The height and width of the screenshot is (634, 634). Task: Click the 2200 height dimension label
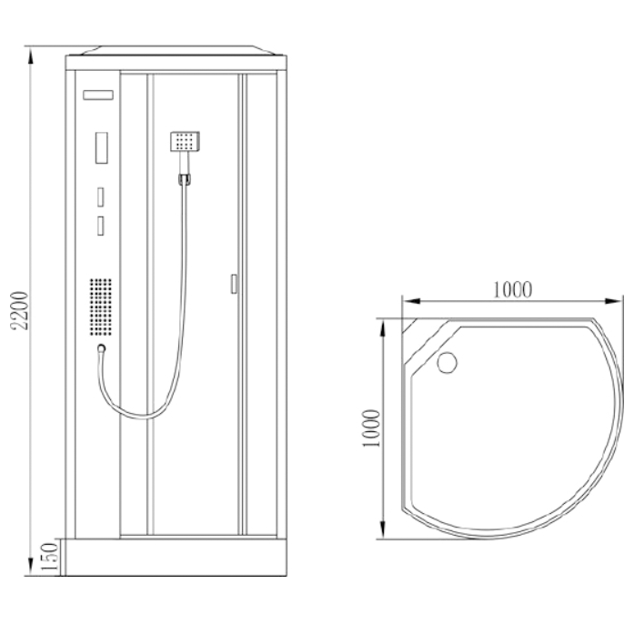pyautogui.click(x=20, y=309)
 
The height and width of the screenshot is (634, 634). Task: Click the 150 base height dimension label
pyautogui.click(x=51, y=557)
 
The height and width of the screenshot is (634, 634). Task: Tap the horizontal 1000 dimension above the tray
pyautogui.click(x=512, y=289)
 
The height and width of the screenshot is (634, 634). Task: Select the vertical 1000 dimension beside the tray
pyautogui.click(x=372, y=428)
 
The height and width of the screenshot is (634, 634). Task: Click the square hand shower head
pyautogui.click(x=185, y=141)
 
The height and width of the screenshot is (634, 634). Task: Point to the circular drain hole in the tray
pyautogui.click(x=448, y=362)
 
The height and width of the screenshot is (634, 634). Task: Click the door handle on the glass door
pyautogui.click(x=234, y=284)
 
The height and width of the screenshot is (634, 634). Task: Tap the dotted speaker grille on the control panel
pyautogui.click(x=101, y=307)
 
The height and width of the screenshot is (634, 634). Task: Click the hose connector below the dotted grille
pyautogui.click(x=102, y=348)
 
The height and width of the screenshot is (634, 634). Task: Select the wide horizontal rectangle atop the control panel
pyautogui.click(x=98, y=95)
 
